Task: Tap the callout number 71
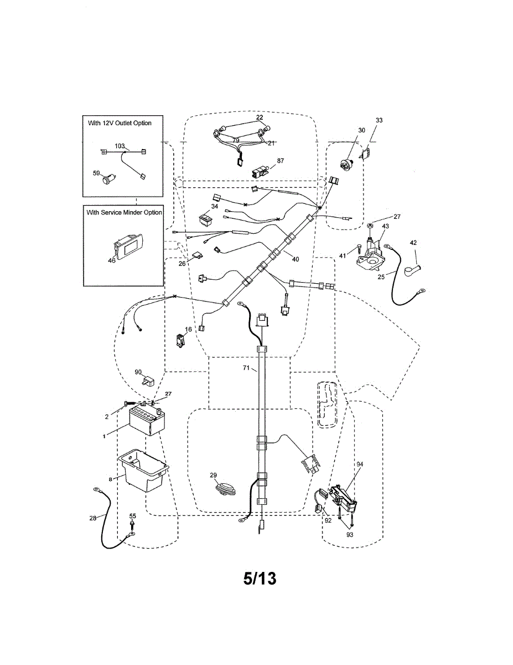[246, 368]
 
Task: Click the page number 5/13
[260, 579]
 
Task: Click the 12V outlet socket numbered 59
[108, 179]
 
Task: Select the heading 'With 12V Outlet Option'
[120, 123]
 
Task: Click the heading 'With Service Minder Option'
[124, 212]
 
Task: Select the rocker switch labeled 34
[206, 220]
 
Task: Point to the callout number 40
[296, 259]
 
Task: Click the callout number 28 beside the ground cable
[92, 518]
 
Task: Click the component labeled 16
[180, 341]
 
